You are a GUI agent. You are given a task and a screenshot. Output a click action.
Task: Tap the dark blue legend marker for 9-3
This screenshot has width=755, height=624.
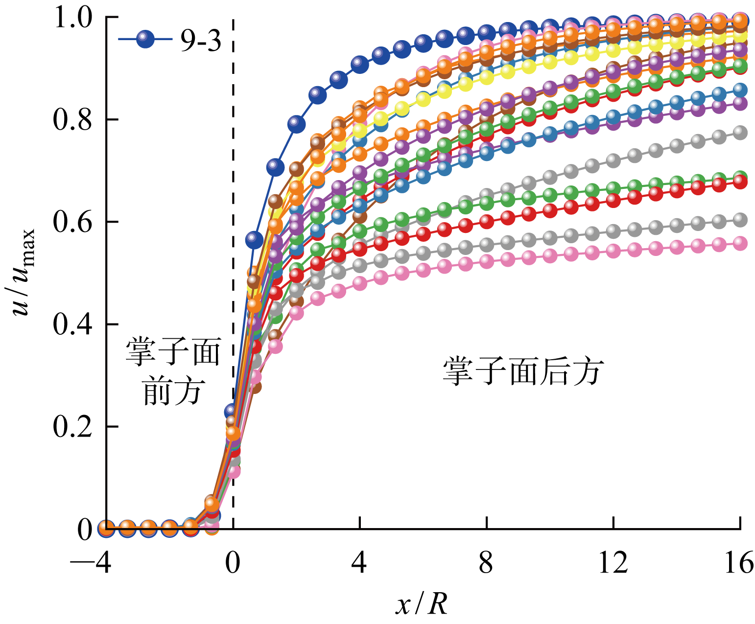click(x=145, y=39)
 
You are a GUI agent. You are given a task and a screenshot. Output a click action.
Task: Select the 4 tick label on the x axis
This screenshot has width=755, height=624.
click(x=359, y=563)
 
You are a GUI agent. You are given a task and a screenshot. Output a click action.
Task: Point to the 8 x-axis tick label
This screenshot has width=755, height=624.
click(x=486, y=563)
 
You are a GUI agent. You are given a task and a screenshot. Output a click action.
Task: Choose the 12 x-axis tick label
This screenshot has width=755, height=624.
click(x=613, y=563)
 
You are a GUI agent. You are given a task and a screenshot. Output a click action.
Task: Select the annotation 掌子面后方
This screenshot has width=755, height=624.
click(x=523, y=372)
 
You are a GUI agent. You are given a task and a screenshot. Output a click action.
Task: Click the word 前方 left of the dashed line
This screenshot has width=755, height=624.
click(x=172, y=392)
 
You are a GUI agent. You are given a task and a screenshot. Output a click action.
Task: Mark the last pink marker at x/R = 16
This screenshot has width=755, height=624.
click(x=740, y=243)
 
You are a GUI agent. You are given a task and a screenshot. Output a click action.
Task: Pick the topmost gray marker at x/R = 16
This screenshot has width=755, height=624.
click(x=740, y=133)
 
